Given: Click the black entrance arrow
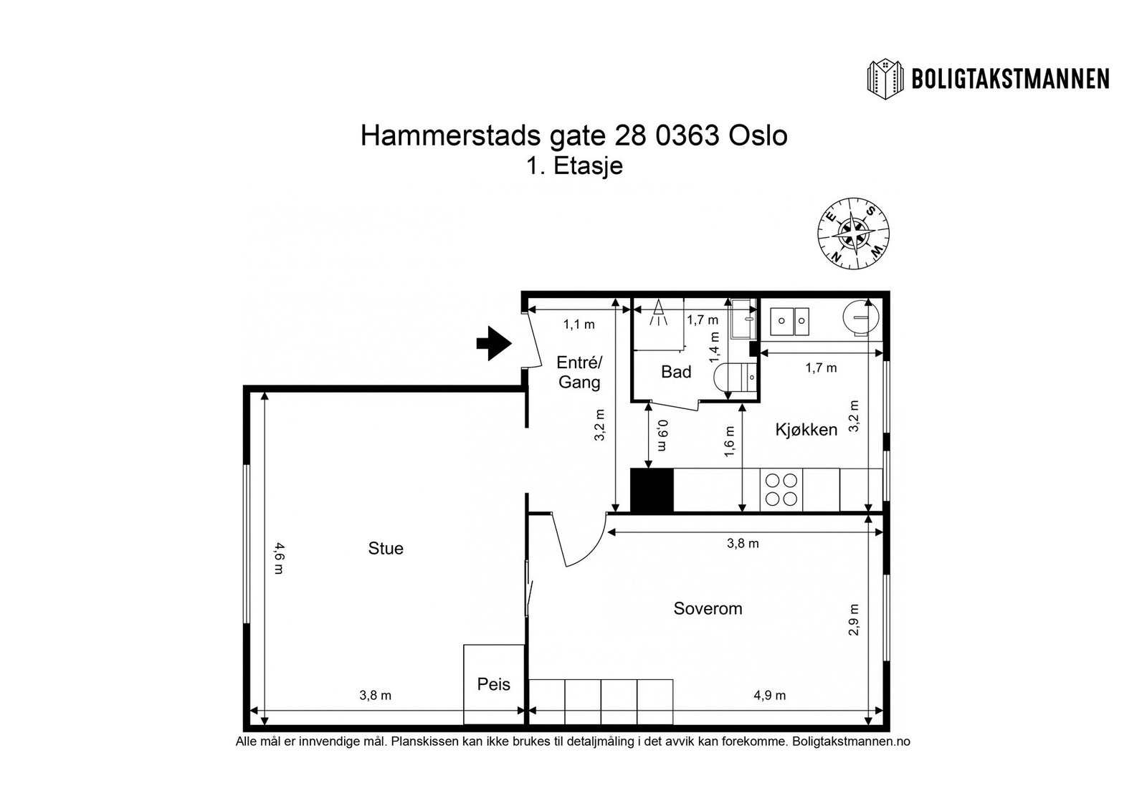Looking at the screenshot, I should point(493,343).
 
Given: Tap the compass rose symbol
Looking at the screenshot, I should point(853,234).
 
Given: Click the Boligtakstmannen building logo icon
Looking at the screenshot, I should point(886,78).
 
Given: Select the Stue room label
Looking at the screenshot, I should point(386,549).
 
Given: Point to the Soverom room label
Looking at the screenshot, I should point(708,609).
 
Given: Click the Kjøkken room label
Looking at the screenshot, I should point(806,430).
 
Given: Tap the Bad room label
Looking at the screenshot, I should point(676,372).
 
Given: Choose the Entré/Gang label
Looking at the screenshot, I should point(579,372).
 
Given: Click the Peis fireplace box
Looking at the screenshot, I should point(494,684).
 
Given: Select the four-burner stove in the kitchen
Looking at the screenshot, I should point(781,490).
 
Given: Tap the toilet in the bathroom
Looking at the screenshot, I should point(736,375).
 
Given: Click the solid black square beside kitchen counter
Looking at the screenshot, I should point(652,490).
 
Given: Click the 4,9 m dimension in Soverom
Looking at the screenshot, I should point(770,696).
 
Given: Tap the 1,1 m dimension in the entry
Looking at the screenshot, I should point(579,325).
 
